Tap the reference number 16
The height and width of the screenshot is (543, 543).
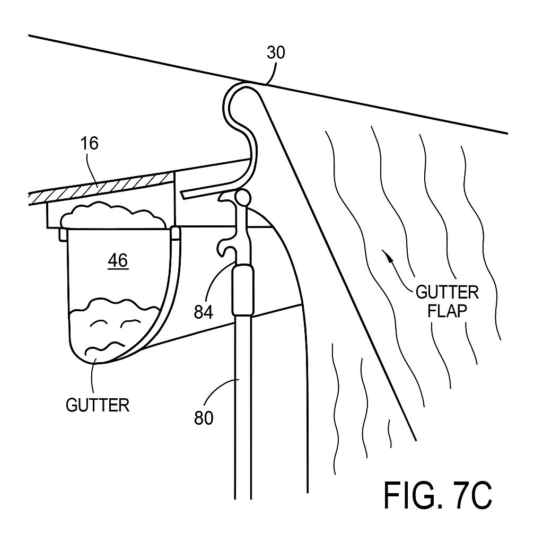[90, 144]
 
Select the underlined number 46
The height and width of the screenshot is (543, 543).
[118, 261]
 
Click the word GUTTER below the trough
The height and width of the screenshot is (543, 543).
[97, 406]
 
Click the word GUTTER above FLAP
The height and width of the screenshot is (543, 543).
[447, 292]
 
